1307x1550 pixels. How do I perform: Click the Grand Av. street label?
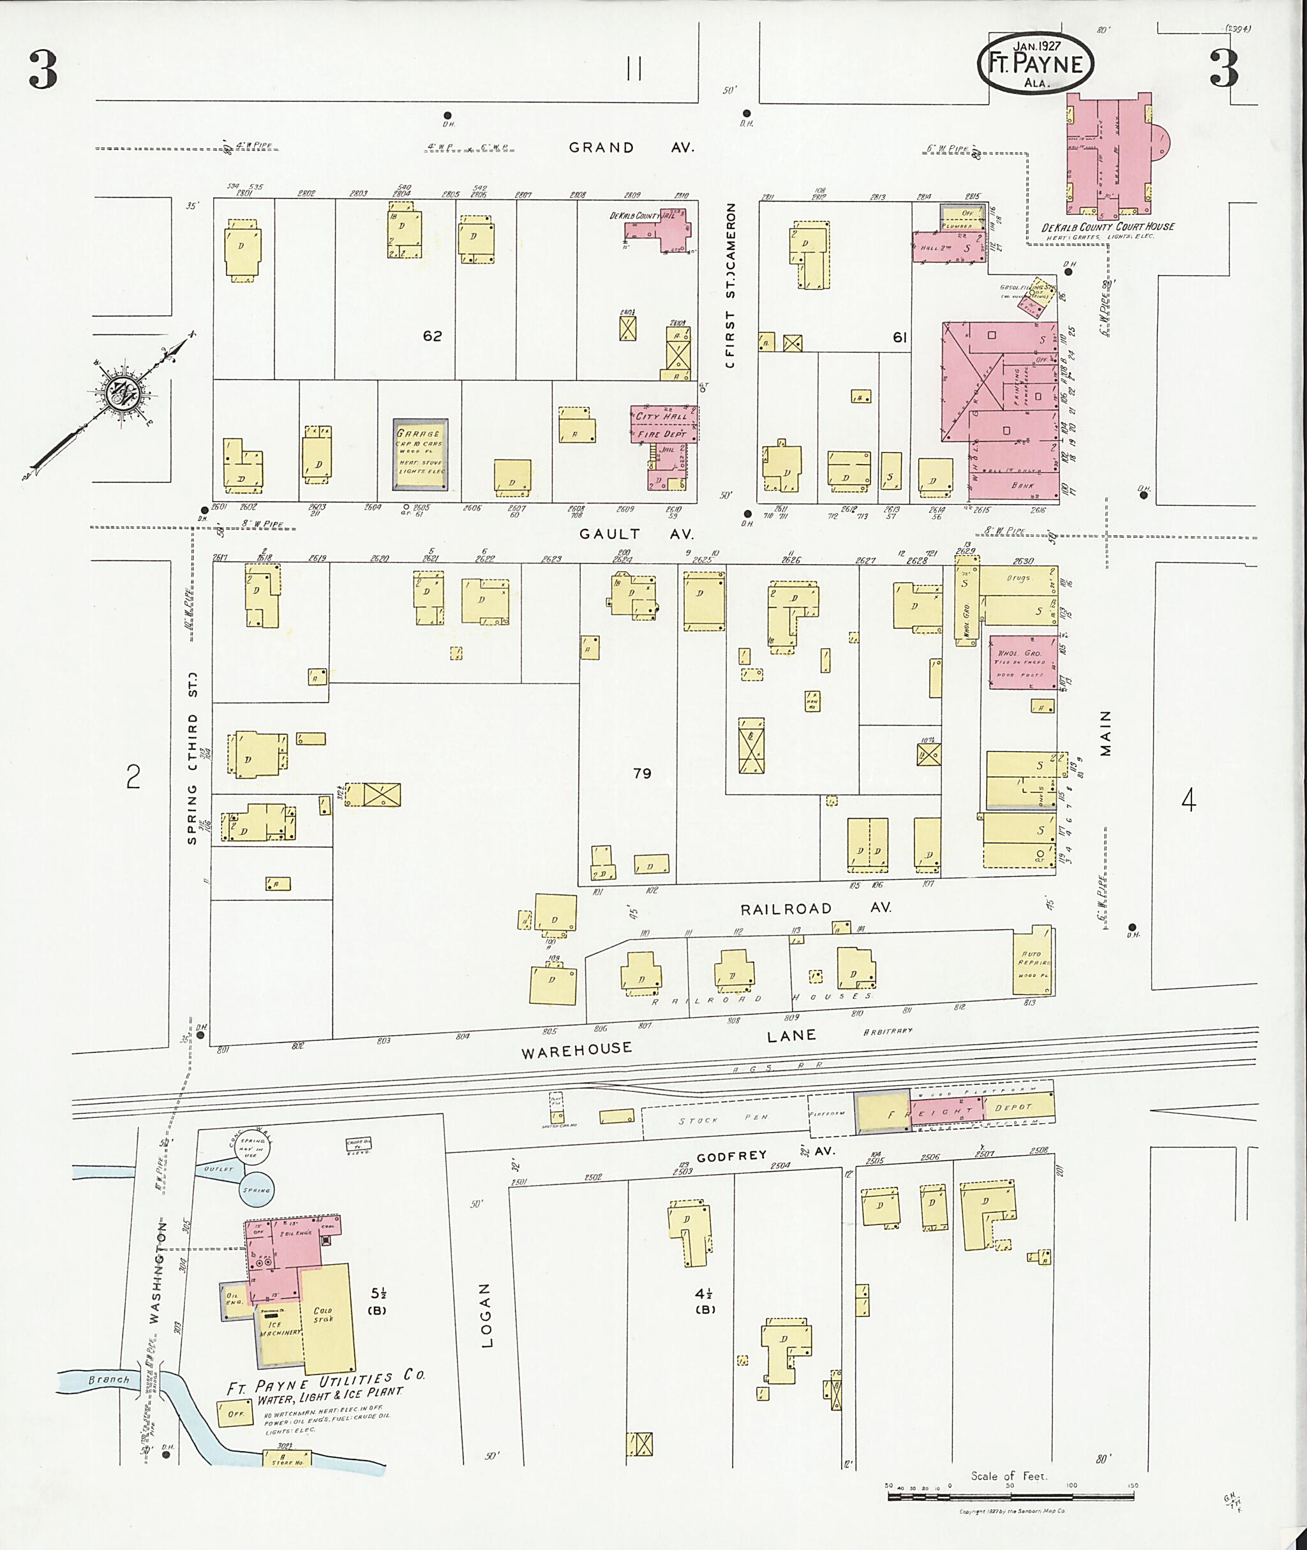(x=631, y=147)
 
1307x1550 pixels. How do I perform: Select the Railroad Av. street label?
(x=816, y=907)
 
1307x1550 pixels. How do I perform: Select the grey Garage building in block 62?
(x=419, y=454)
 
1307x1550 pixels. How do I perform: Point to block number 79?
(x=641, y=773)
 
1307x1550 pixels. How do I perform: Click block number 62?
(x=432, y=336)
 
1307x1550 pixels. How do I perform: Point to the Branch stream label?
(x=109, y=1380)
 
